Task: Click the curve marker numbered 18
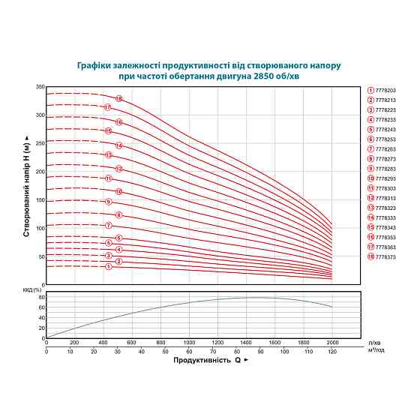click(118, 99)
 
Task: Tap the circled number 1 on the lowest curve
click(108, 266)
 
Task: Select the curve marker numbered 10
click(118, 191)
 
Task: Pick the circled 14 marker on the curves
click(118, 145)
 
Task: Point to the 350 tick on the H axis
click(40, 87)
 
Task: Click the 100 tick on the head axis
click(40, 228)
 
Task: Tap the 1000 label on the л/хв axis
click(189, 342)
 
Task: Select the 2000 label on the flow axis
click(331, 342)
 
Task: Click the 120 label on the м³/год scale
click(331, 350)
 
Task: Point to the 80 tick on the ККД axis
click(42, 298)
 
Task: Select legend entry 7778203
click(385, 91)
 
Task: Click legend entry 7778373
click(385, 256)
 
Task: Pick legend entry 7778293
click(385, 178)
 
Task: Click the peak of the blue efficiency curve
click(255, 297)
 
